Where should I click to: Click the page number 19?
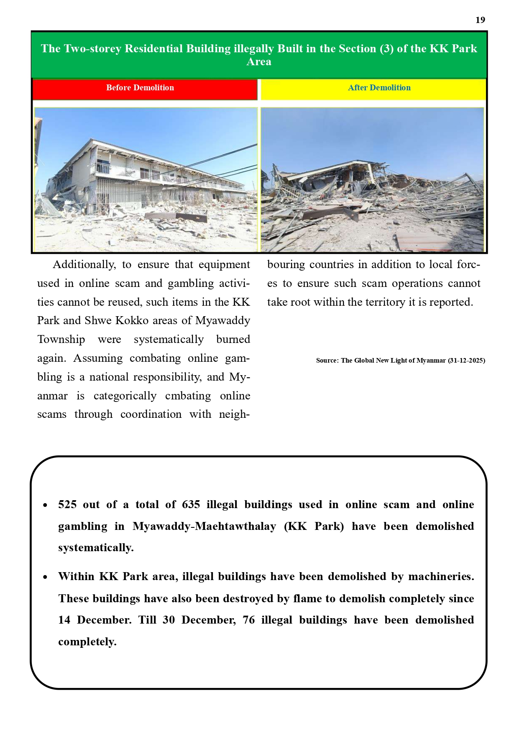pyautogui.click(x=480, y=20)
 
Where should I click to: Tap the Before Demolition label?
pyautogui.click(x=140, y=88)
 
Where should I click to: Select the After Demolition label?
pyautogui.click(x=379, y=88)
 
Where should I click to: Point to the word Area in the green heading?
pyautogui.click(x=259, y=62)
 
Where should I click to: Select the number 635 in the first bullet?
pyautogui.click(x=191, y=504)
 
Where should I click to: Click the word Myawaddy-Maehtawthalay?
pyautogui.click(x=204, y=526)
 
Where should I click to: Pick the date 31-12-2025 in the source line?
pyautogui.click(x=466, y=361)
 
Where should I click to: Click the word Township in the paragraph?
pyautogui.click(x=61, y=339)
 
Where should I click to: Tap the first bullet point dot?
pyautogui.click(x=45, y=505)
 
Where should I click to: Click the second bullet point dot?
pyautogui.click(x=45, y=577)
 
